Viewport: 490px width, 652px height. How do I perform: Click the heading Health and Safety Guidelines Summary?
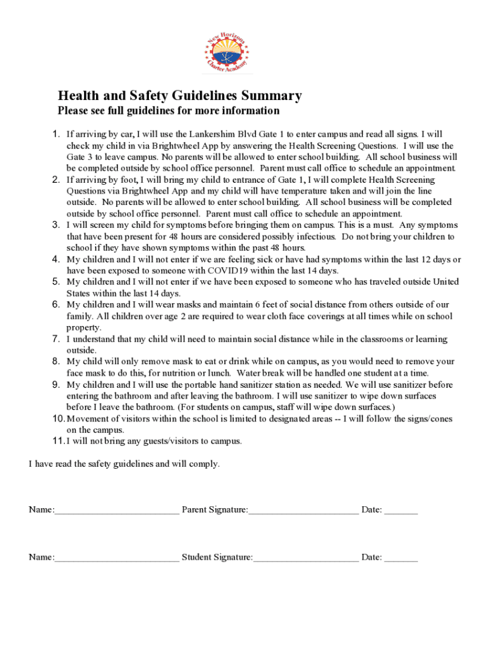pyautogui.click(x=179, y=96)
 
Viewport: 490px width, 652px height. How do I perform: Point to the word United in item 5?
pyautogui.click(x=445, y=282)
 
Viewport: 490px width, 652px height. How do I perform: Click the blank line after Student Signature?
pyautogui.click(x=305, y=558)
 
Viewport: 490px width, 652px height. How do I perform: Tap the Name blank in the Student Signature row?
pyautogui.click(x=116, y=558)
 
